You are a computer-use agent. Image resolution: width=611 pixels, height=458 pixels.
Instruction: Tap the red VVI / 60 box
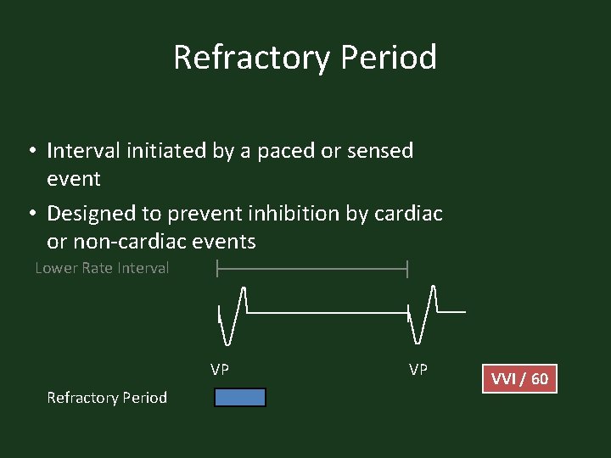coord(519,378)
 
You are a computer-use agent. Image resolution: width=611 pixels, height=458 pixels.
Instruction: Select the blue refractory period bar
coord(240,398)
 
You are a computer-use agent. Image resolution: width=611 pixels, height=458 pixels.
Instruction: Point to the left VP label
coord(220,370)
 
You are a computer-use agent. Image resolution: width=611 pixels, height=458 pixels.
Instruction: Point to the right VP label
coord(418,370)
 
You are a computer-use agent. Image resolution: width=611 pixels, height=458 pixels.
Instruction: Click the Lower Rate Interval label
coord(102,268)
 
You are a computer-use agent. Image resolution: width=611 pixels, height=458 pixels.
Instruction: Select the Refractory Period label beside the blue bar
coord(107,398)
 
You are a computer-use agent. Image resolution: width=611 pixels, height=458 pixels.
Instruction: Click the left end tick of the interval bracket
coord(218,269)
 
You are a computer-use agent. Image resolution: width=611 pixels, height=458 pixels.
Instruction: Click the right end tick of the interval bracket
coord(408,269)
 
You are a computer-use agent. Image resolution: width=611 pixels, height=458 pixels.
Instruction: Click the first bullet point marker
coord(30,152)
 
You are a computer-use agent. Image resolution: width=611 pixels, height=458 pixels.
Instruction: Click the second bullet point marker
coord(30,214)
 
